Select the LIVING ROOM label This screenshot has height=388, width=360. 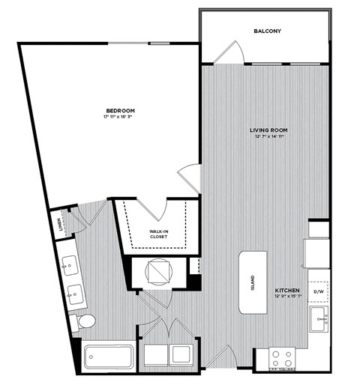click(x=268, y=130)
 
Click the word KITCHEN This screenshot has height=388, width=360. click(x=287, y=289)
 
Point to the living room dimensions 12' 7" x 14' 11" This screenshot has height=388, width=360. click(x=268, y=137)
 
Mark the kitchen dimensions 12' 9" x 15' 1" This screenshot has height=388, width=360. click(x=287, y=297)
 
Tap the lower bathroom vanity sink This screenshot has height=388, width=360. click(x=75, y=295)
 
